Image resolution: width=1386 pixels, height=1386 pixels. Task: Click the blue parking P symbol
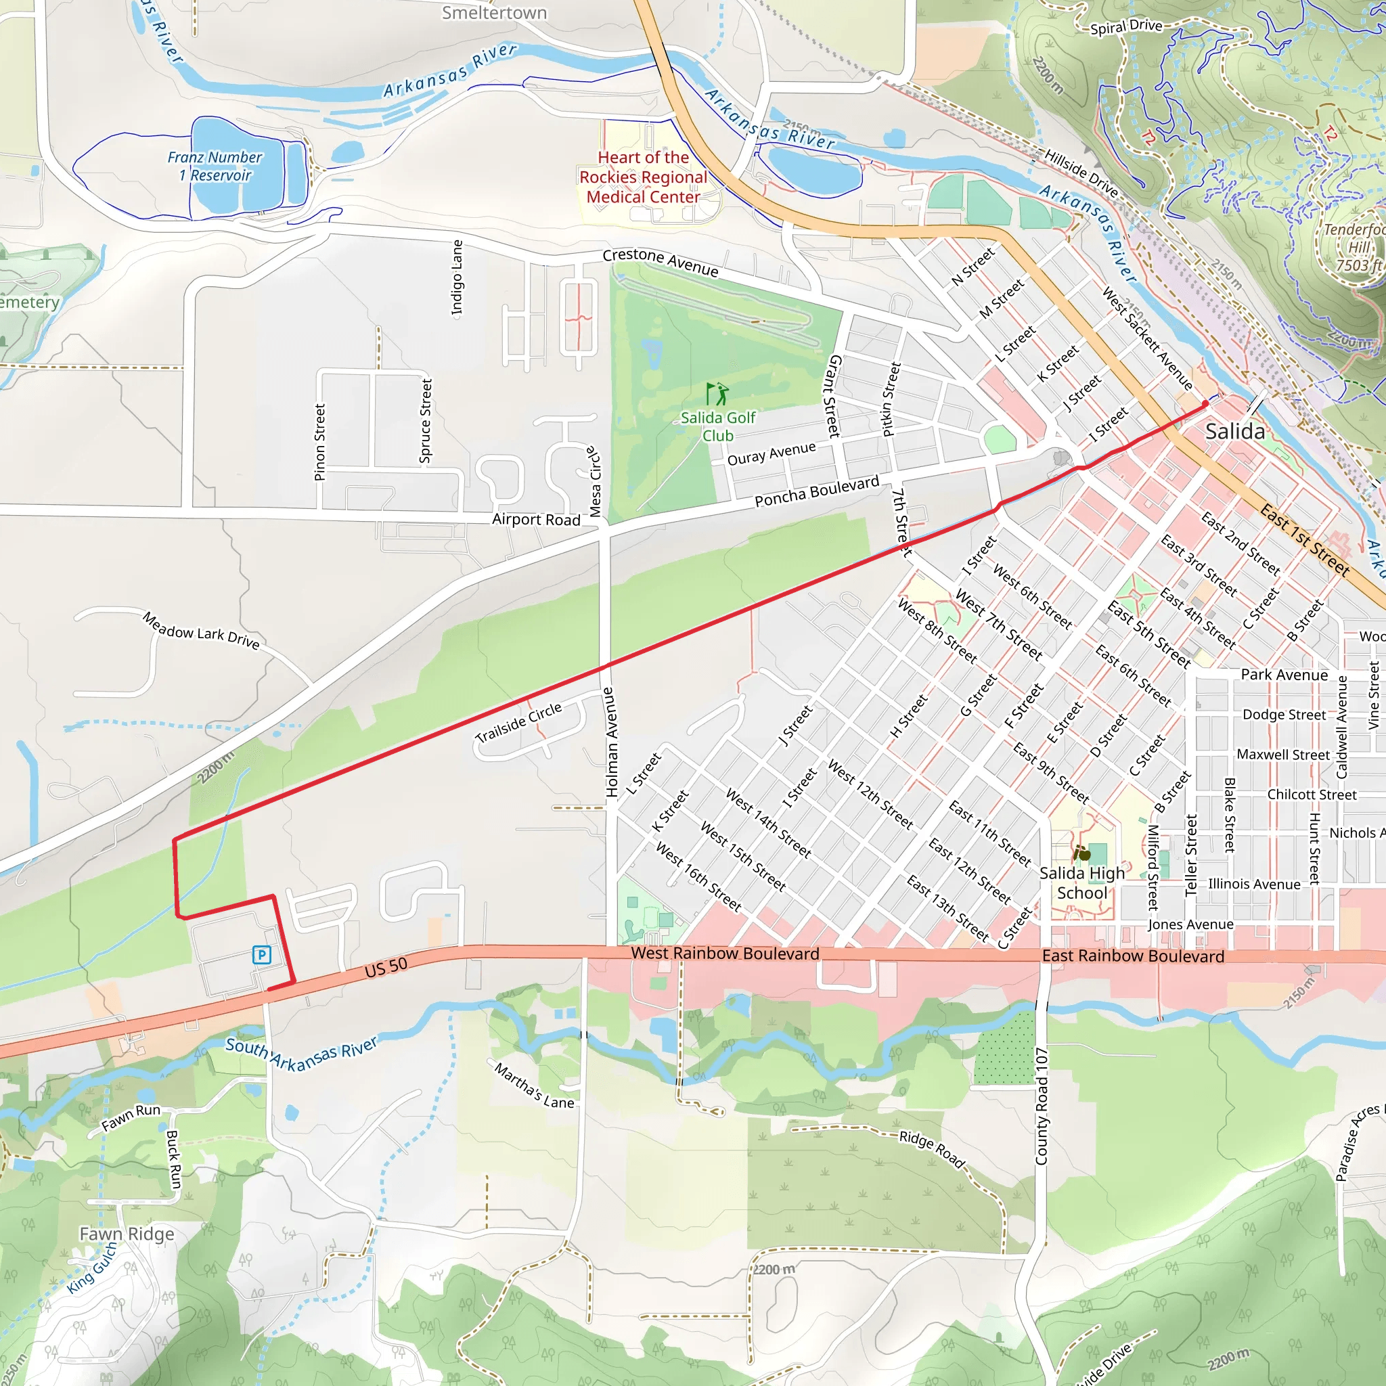[x=262, y=955]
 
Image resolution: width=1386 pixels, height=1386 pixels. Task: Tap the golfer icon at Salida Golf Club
[x=717, y=394]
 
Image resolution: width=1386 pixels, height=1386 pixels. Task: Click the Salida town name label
[x=1234, y=432]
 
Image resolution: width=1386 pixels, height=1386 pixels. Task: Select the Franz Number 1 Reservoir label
[x=215, y=166]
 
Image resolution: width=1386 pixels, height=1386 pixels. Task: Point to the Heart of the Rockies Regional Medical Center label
[x=643, y=177]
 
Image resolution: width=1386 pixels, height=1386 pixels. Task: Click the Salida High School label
[x=1082, y=883]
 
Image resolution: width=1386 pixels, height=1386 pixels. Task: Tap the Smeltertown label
[x=494, y=13]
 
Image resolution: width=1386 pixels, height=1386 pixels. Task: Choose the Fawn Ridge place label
[x=127, y=1234]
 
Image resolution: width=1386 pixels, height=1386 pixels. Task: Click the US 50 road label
[x=386, y=968]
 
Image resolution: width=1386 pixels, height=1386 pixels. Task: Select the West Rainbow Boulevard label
[x=725, y=954]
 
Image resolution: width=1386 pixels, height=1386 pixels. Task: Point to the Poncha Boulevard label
[x=816, y=491]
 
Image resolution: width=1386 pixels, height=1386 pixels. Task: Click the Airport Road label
[x=536, y=519]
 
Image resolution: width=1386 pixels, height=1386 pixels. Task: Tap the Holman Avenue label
[x=610, y=742]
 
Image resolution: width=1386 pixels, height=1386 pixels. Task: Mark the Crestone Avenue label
[x=660, y=263]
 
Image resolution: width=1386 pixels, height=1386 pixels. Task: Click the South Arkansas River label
[x=301, y=1054]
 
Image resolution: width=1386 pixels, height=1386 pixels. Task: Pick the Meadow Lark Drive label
[x=201, y=630]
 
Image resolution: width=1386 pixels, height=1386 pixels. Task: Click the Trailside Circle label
[x=518, y=722]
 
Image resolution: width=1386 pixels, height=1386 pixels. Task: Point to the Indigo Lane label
[x=457, y=277]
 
